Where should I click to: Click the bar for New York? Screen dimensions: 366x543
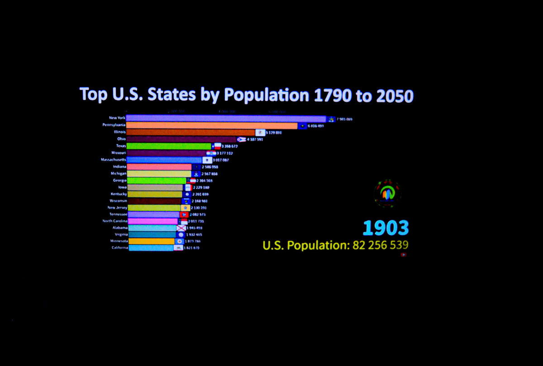[x=226, y=119]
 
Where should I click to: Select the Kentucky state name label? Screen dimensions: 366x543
[x=119, y=194]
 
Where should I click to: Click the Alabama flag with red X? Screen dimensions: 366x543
[x=181, y=228]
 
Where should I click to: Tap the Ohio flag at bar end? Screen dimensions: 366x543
[x=242, y=139]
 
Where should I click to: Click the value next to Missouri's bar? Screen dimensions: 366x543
[x=225, y=153]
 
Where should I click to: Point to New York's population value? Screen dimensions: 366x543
[x=344, y=119]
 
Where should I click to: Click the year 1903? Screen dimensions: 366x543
[x=386, y=228]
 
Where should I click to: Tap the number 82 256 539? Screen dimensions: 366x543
[x=377, y=245]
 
